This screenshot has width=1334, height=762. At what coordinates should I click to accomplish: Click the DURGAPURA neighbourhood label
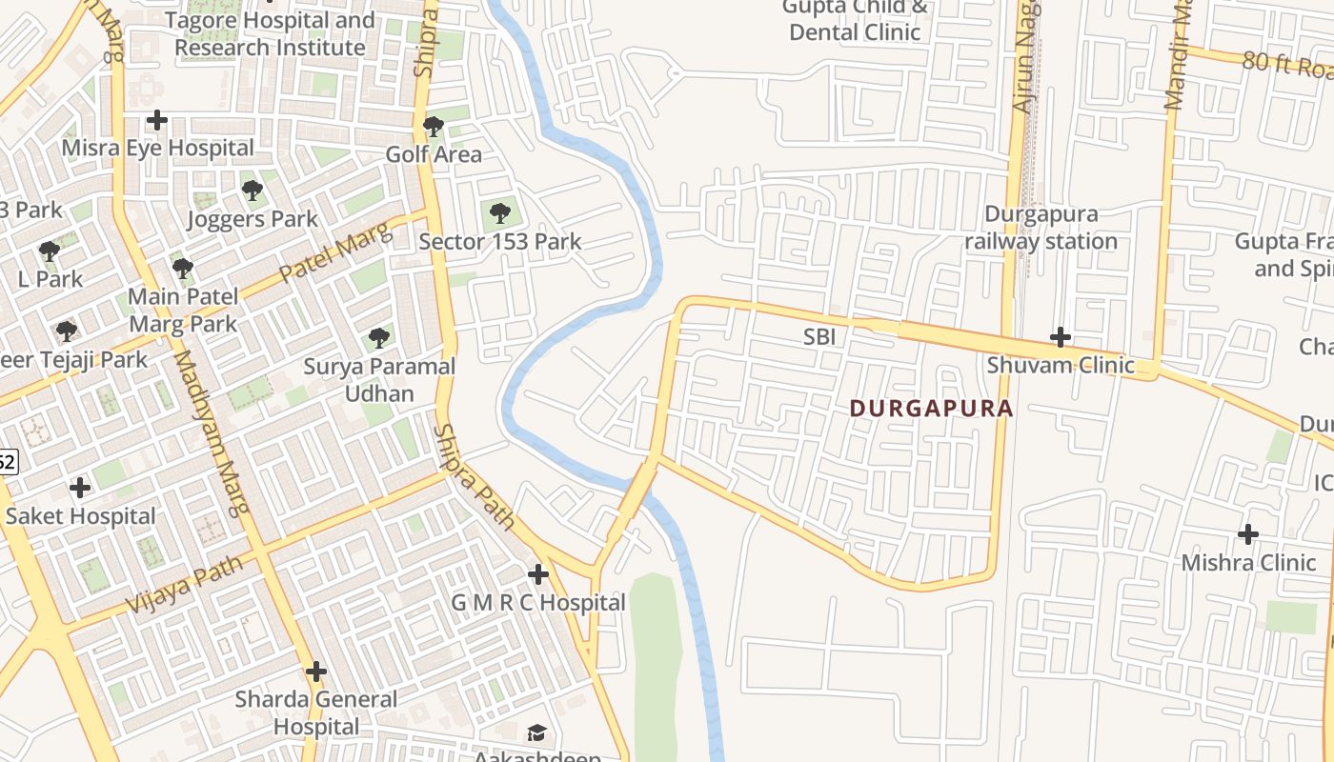pyautogui.click(x=930, y=409)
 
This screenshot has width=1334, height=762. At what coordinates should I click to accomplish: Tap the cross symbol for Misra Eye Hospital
pyautogui.click(x=157, y=120)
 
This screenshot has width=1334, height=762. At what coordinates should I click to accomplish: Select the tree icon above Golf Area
pyautogui.click(x=434, y=126)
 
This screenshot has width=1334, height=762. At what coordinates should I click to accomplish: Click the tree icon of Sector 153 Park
pyautogui.click(x=500, y=213)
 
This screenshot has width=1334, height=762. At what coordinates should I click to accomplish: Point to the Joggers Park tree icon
pyautogui.click(x=253, y=190)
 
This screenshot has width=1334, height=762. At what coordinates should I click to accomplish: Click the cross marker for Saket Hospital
pyautogui.click(x=80, y=488)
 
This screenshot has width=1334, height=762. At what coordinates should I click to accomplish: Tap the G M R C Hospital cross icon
pyautogui.click(x=538, y=574)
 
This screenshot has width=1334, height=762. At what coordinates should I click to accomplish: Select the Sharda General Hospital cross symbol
pyautogui.click(x=316, y=672)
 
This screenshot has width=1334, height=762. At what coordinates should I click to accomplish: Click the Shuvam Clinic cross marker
pyautogui.click(x=1061, y=337)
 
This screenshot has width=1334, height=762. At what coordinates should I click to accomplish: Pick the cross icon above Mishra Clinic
pyautogui.click(x=1248, y=533)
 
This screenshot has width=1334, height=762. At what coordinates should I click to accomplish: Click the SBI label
pyautogui.click(x=819, y=337)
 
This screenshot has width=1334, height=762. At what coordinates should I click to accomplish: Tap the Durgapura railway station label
pyautogui.click(x=1041, y=228)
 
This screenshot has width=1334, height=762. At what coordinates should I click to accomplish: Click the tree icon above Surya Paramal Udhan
pyautogui.click(x=379, y=337)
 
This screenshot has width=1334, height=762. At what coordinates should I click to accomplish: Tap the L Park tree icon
pyautogui.click(x=50, y=251)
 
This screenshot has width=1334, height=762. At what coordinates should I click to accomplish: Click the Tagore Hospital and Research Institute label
pyautogui.click(x=270, y=33)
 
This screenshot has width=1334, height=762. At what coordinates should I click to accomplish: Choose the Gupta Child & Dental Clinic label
pyautogui.click(x=855, y=20)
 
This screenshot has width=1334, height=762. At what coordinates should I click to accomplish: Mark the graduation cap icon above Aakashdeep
pyautogui.click(x=537, y=732)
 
